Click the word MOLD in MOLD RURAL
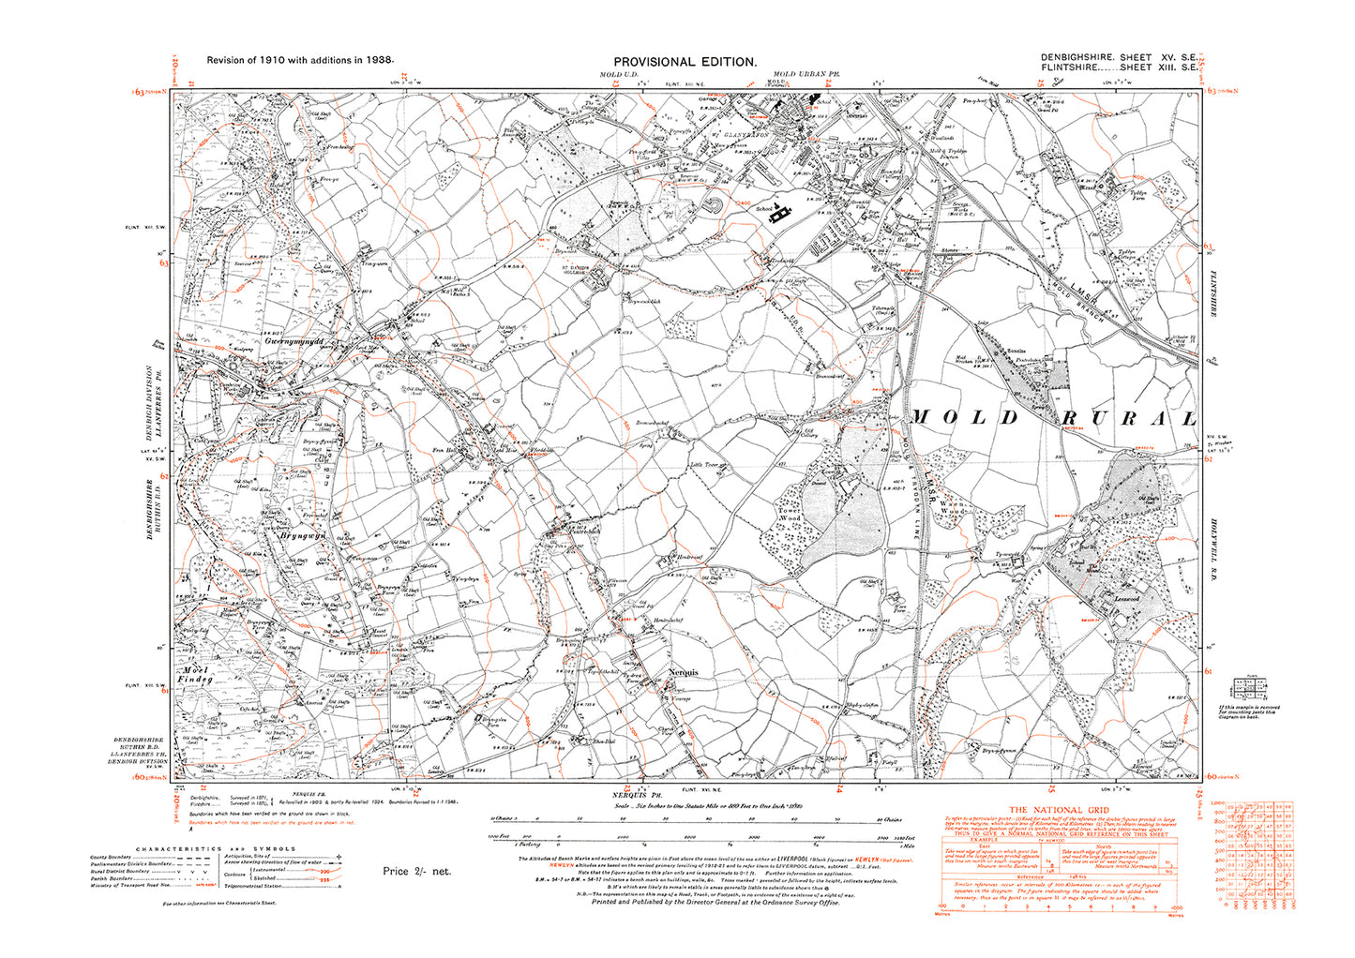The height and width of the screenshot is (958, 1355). click(953, 417)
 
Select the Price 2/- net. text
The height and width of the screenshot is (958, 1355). click(416, 872)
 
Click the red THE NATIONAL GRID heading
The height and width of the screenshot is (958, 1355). click(1058, 811)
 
